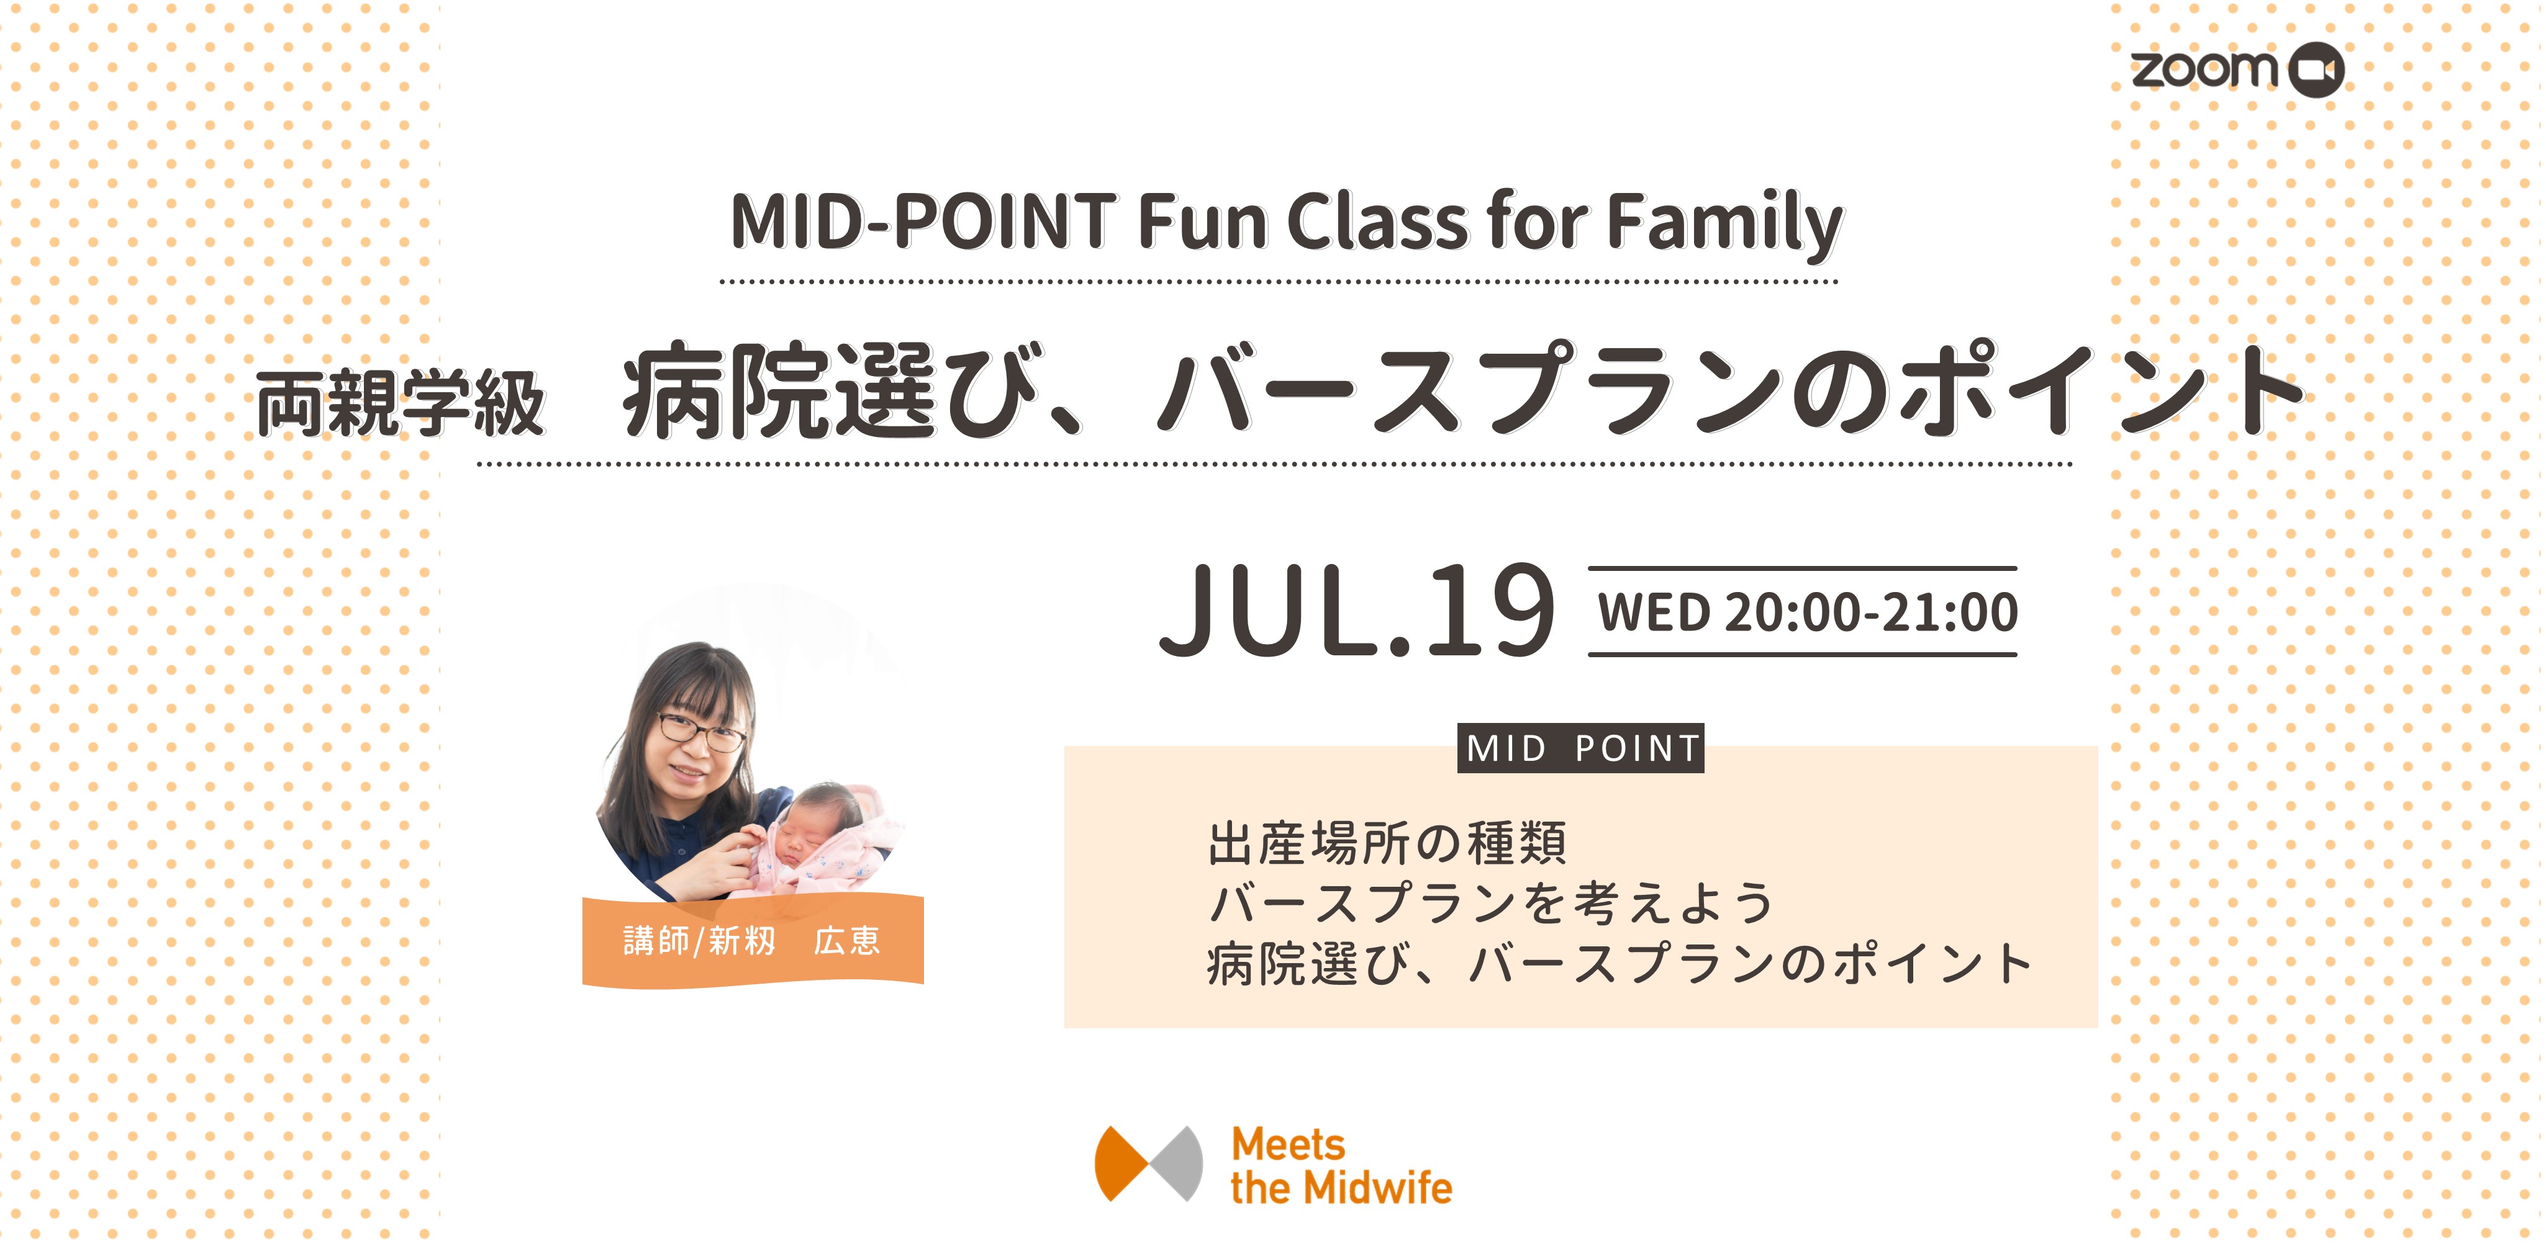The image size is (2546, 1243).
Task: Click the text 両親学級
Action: pyautogui.click(x=401, y=403)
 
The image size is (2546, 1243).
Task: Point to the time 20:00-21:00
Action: pyautogui.click(x=1871, y=613)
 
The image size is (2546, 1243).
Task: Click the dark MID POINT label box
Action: pyautogui.click(x=1582, y=748)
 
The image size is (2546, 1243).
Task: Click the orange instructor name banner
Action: pyautogui.click(x=753, y=941)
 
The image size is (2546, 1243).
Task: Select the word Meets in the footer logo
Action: pyautogui.click(x=1288, y=1145)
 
